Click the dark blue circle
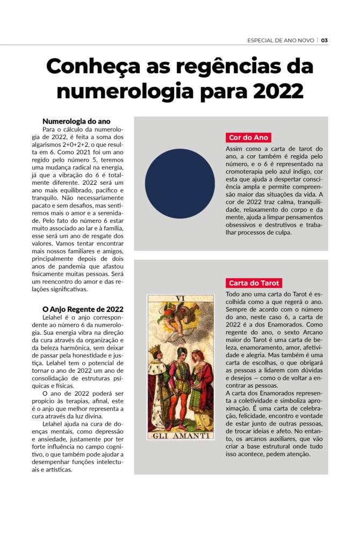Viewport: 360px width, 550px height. coord(179,183)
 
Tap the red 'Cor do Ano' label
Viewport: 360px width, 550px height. coord(248,137)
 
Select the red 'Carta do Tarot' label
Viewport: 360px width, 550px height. coord(254,283)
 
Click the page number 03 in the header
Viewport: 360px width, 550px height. coord(325,40)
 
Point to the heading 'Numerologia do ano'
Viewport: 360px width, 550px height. coord(76,121)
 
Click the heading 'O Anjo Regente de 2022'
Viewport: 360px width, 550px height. coord(83,309)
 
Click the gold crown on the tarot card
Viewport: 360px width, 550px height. coord(155,350)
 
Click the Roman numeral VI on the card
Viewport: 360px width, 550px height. coord(180,298)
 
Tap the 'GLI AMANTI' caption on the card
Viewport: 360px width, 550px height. coord(180,435)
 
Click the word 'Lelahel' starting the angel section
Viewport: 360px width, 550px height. coord(54,318)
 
